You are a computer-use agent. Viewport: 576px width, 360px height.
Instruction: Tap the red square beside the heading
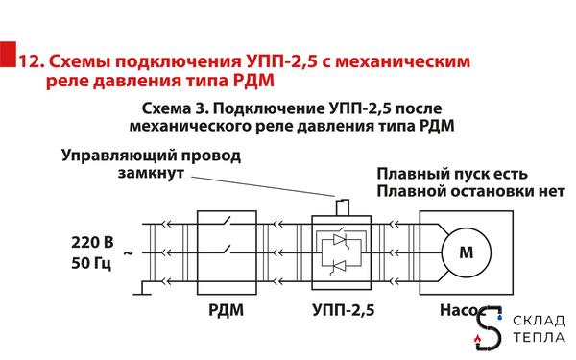(x=8, y=55)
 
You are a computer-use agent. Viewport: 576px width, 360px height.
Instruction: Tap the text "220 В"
(x=92, y=239)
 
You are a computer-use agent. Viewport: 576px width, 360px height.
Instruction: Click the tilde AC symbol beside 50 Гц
(x=128, y=253)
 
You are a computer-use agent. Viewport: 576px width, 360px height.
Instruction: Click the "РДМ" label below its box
(x=226, y=310)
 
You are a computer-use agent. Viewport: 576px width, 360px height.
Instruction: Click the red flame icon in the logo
(x=479, y=339)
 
